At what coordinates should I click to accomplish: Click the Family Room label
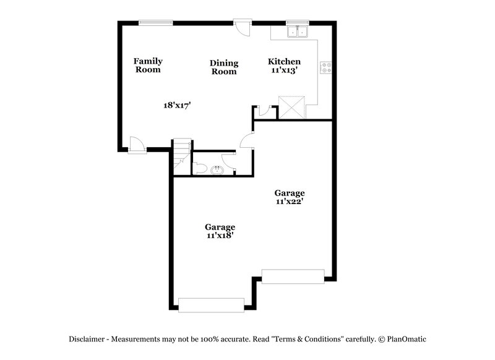pos(148,65)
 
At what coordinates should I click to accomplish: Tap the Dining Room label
pos(224,67)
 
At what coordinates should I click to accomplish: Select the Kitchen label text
pos(284,61)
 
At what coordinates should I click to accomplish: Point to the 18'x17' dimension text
pos(176,105)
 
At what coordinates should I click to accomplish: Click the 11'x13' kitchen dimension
pos(285,71)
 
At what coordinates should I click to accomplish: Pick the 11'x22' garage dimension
pos(290,201)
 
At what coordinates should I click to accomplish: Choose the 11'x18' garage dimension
pos(220,235)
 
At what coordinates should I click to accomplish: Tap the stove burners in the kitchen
pos(325,67)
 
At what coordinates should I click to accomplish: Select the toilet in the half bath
pos(200,168)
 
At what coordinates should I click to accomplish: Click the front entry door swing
pos(137,146)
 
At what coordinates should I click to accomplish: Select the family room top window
pos(155,23)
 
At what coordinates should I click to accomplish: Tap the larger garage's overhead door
pos(293,276)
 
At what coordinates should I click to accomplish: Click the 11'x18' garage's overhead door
pos(211,304)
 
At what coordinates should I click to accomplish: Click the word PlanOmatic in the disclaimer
pos(407,339)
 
